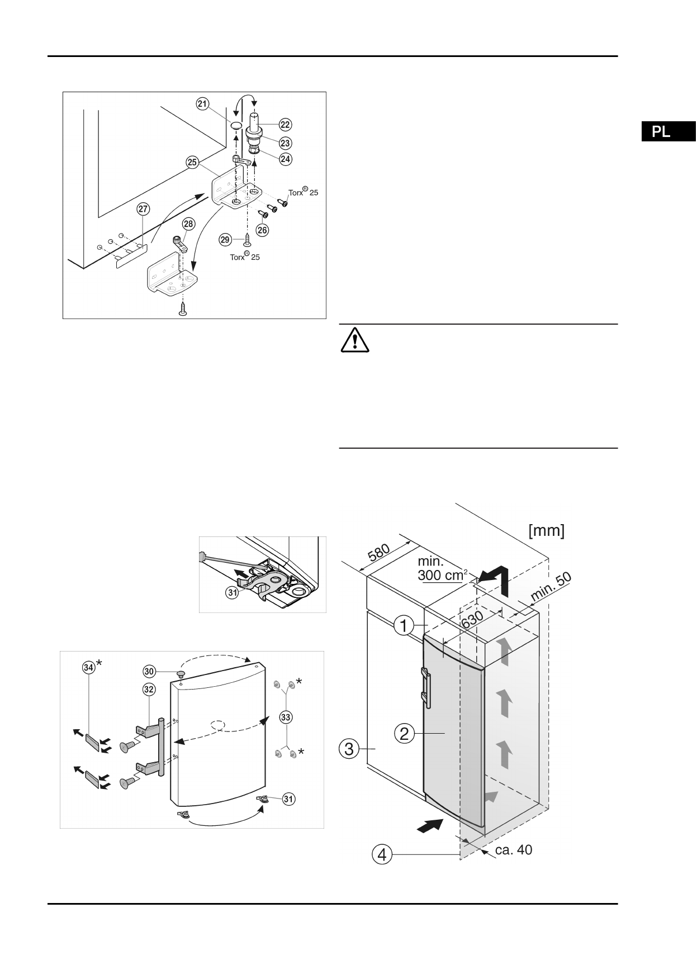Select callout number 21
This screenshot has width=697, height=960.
(x=202, y=103)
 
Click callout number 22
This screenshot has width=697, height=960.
(x=286, y=125)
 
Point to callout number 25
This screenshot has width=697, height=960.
(x=192, y=163)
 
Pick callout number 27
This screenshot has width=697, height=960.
(x=144, y=210)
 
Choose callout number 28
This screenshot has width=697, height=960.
(x=188, y=224)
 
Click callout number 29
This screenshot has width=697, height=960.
(x=225, y=239)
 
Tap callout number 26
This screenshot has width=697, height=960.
(x=262, y=229)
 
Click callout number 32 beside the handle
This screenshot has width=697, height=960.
(x=149, y=690)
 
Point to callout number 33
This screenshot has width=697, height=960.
(x=287, y=716)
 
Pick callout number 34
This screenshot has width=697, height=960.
(x=88, y=667)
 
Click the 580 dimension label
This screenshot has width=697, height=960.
(x=379, y=553)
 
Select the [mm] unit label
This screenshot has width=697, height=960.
(x=546, y=530)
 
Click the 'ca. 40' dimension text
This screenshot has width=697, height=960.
(x=514, y=850)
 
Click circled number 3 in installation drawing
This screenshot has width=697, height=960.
(x=349, y=748)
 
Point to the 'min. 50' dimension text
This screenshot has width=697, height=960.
(x=551, y=587)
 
